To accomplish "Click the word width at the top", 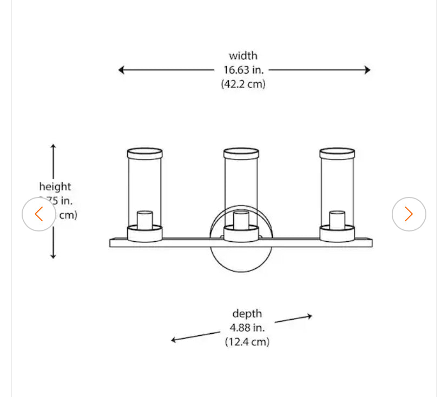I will coord(243,56).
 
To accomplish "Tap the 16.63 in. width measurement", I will coord(243,70).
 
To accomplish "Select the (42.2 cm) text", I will coord(243,84).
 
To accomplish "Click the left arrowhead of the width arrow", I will coord(122,70).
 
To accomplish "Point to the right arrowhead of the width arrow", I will coord(367,70).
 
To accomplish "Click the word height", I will coord(55,187).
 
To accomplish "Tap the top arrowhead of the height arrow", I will coord(53,147).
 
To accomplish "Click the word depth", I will coord(247,314).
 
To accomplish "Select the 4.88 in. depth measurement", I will coord(247,328).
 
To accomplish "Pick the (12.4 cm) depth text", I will coord(247,342).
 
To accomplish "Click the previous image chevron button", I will coord(38,214).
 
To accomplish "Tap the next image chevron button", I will coord(409,214).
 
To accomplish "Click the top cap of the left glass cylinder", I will coord(144,154).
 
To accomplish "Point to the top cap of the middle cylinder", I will coord(241,154).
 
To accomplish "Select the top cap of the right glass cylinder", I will coord(337,154).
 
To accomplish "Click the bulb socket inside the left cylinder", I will coord(144,220).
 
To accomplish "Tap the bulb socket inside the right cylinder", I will coord(337,220).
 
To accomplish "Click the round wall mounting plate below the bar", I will coord(241,260).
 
